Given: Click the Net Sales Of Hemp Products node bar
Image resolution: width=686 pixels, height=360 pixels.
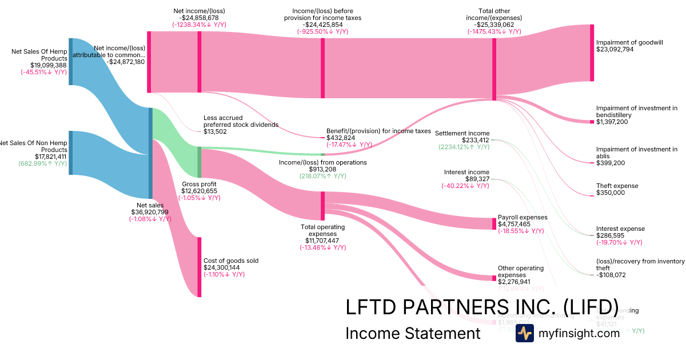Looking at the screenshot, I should click(x=71, y=62).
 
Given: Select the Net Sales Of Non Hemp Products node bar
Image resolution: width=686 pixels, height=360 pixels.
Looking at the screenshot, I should click(x=71, y=153).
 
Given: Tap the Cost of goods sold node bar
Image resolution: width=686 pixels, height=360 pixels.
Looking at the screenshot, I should click(x=200, y=267).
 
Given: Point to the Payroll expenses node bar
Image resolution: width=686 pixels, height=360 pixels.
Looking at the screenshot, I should click(x=494, y=223).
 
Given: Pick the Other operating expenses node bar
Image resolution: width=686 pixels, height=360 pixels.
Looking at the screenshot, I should click(x=494, y=278).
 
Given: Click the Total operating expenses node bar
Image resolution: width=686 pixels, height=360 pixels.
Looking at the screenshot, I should click(x=322, y=206).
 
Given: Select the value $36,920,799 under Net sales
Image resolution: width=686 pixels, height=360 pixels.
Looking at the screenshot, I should click(x=150, y=212).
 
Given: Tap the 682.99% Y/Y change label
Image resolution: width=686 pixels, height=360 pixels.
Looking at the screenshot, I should click(x=42, y=163).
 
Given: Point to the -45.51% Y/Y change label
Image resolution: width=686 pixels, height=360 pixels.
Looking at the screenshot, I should click(x=43, y=72).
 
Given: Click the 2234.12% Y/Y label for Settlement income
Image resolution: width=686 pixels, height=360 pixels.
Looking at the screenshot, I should click(x=464, y=147).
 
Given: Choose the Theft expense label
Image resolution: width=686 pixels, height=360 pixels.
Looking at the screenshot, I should click(x=617, y=186).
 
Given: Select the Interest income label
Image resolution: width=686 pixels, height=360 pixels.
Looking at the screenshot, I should click(x=466, y=172).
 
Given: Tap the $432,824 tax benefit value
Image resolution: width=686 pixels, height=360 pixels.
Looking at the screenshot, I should click(x=341, y=138).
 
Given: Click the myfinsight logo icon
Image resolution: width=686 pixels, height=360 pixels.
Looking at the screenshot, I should click(x=524, y=333).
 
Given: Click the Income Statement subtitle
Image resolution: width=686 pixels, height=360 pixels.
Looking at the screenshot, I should click(x=413, y=333).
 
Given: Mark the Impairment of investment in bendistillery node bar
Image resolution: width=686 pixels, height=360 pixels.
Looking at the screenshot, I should click(x=592, y=122).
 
